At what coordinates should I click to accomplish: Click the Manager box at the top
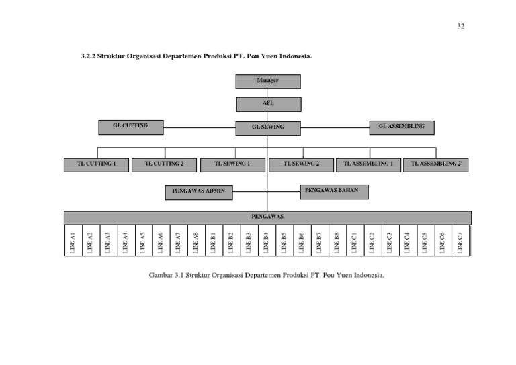(x=267, y=81)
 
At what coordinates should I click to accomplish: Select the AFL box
(x=268, y=103)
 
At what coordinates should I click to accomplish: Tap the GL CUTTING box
(x=130, y=126)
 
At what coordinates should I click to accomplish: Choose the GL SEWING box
(x=267, y=127)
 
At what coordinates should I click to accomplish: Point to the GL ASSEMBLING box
(x=402, y=126)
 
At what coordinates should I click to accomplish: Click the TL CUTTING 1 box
(x=96, y=164)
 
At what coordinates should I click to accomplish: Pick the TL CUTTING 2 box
(x=165, y=164)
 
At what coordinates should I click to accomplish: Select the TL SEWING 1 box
(x=232, y=164)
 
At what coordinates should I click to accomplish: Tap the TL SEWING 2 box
(x=301, y=164)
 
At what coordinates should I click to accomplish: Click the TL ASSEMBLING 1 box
(x=368, y=164)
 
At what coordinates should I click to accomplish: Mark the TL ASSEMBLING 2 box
(x=435, y=164)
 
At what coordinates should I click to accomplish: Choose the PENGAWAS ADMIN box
(x=198, y=193)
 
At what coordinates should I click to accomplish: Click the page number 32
(x=460, y=26)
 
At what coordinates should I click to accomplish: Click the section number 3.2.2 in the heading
(x=89, y=57)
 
